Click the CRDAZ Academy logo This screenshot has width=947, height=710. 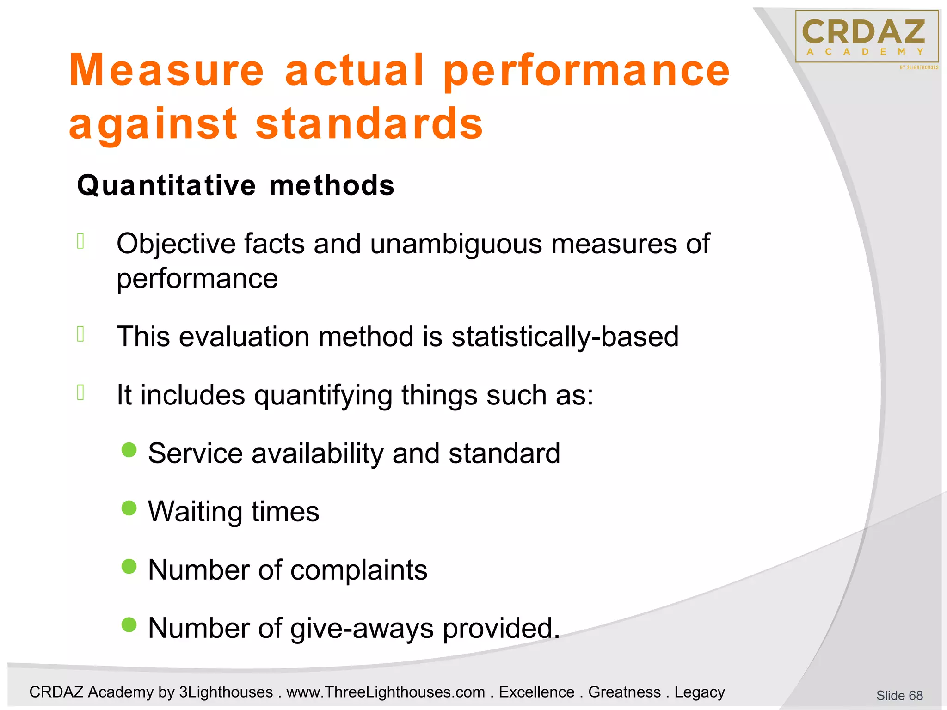[x=867, y=37]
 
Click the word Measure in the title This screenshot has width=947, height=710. [x=166, y=70]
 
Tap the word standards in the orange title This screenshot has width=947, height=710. [x=369, y=124]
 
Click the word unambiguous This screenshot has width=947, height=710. [x=455, y=244]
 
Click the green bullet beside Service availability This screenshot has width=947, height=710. [x=129, y=450]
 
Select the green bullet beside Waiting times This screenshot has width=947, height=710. [x=129, y=508]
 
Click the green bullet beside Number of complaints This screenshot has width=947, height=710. [x=129, y=566]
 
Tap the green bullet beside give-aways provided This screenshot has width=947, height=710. [x=129, y=624]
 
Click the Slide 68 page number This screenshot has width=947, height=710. [x=899, y=695]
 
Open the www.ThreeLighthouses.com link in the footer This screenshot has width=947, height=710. [x=386, y=692]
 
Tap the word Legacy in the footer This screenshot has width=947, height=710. [x=699, y=692]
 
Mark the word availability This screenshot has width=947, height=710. [x=318, y=453]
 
